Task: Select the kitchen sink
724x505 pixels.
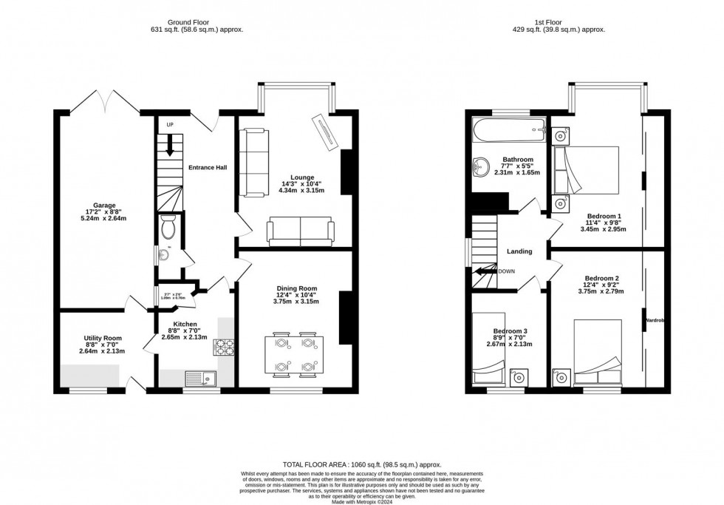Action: click(x=201, y=379)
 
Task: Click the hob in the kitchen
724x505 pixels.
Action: click(x=222, y=346)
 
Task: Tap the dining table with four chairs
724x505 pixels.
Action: click(x=294, y=355)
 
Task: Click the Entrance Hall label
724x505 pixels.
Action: click(x=208, y=167)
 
